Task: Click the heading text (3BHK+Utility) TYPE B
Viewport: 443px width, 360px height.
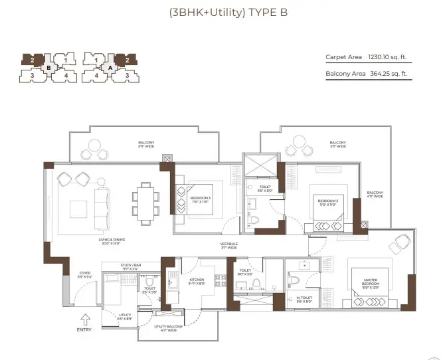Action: coord(221,12)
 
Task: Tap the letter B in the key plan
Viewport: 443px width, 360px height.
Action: coord(48,67)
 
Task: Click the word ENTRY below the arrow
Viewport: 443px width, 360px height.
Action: coord(84,329)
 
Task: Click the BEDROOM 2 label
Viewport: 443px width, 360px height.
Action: coord(327,201)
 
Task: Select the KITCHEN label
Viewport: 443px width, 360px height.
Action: coord(197,280)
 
